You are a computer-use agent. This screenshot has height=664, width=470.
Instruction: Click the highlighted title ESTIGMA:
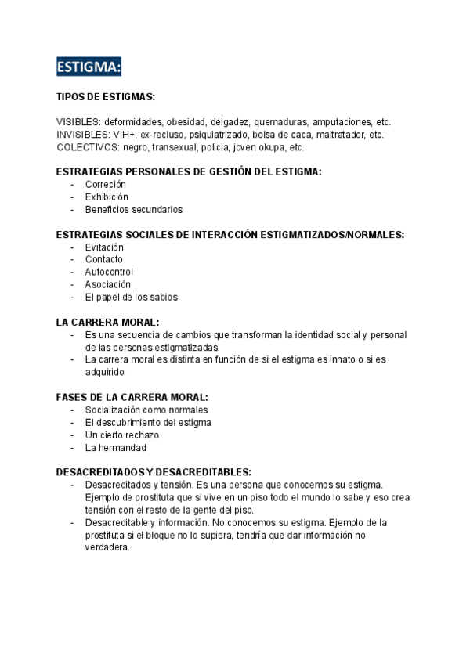point(89,68)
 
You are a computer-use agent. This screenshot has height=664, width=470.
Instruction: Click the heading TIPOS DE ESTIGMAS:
point(106,97)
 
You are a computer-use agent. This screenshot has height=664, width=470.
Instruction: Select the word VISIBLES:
point(78,122)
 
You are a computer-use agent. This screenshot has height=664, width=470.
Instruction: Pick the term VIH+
point(125,135)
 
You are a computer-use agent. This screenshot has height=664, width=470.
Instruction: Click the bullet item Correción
point(106,184)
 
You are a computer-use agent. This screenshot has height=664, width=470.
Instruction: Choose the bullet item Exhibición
point(107,197)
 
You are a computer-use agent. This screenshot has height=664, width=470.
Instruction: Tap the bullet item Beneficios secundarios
point(134,209)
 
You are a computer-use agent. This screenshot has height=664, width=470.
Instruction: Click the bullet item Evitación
point(104,247)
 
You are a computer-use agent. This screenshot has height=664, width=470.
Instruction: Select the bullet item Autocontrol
point(110,272)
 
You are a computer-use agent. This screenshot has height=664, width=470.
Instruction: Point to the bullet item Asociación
point(108,284)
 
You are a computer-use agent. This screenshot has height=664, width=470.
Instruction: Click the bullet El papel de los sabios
point(132,297)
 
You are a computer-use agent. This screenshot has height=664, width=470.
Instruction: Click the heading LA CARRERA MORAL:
point(107,322)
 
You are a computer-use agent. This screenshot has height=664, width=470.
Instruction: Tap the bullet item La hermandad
point(116,447)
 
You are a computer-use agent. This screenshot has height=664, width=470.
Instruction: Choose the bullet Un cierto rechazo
point(122,435)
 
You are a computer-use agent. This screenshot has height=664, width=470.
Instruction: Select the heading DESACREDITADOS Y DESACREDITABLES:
point(154,472)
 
